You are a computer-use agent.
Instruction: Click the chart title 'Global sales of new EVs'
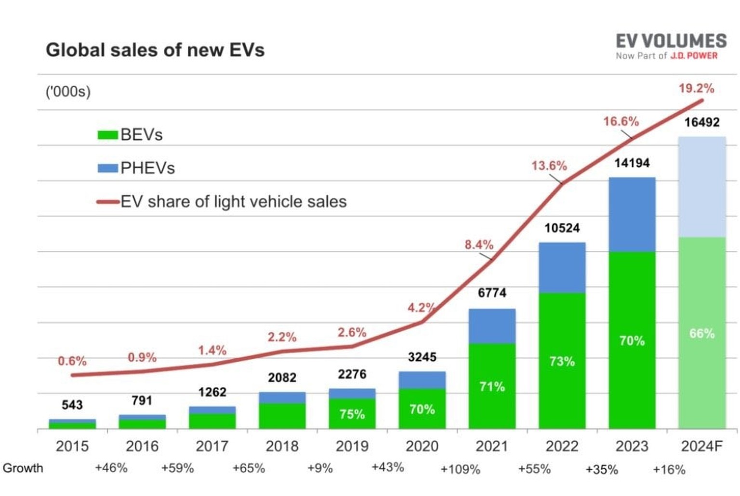click(x=155, y=50)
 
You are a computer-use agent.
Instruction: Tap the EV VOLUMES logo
click(x=671, y=46)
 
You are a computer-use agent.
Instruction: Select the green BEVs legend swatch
click(x=107, y=135)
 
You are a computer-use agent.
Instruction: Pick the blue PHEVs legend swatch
click(x=107, y=168)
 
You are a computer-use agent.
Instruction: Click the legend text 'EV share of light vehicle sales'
click(x=234, y=201)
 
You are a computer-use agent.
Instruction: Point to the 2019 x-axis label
click(x=352, y=446)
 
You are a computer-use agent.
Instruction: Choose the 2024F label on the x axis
click(x=701, y=446)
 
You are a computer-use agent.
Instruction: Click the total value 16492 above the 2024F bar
click(x=701, y=122)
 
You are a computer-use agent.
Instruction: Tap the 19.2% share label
click(x=696, y=89)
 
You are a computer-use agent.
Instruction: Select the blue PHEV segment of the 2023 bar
click(x=632, y=214)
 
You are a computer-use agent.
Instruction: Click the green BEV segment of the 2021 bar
click(x=492, y=385)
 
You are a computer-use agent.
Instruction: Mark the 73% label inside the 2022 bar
click(x=562, y=361)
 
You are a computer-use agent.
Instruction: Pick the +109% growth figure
click(x=460, y=469)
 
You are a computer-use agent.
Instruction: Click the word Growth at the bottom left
click(x=23, y=468)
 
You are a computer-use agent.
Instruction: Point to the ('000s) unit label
click(x=68, y=91)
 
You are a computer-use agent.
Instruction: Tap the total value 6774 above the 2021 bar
click(x=492, y=293)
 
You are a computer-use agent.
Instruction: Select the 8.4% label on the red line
click(x=479, y=245)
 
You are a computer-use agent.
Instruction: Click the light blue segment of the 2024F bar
click(x=701, y=187)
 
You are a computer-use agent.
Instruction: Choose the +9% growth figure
click(x=320, y=469)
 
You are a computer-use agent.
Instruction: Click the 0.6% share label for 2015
click(x=72, y=361)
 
